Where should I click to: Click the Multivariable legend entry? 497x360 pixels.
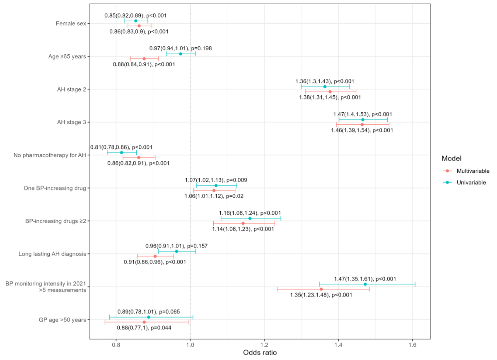(x=473, y=171)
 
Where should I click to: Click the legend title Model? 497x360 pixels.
(x=451, y=158)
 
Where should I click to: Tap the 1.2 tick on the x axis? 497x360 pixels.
(x=264, y=344)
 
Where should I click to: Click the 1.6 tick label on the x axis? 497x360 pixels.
(x=412, y=344)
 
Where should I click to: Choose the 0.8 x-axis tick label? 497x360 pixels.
(x=116, y=344)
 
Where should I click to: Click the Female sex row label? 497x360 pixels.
(x=71, y=24)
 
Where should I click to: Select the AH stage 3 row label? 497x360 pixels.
(x=71, y=122)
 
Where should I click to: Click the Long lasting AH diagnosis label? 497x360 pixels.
(x=52, y=254)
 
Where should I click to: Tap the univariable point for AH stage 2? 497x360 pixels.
(x=325, y=87)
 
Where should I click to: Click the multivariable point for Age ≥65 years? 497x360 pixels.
(x=144, y=59)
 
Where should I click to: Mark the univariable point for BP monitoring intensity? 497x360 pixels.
(x=365, y=284)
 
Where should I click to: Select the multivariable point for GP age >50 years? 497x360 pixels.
(x=144, y=322)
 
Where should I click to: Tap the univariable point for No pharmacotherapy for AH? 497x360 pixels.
(x=121, y=152)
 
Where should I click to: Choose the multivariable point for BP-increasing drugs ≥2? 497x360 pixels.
(x=243, y=223)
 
